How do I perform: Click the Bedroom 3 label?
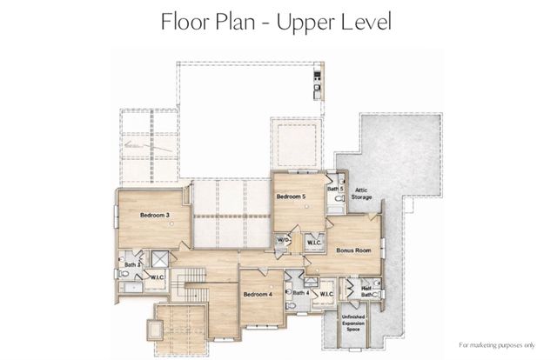154,214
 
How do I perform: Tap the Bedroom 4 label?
258,295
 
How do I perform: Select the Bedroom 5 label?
292,197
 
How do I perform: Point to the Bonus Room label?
352,250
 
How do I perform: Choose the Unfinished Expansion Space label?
353,321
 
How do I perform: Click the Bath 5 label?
335,188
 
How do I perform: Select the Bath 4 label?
300,293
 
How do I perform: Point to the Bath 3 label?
132,264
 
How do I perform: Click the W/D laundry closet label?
283,240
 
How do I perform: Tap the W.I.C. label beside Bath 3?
158,277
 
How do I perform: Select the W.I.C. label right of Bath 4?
326,294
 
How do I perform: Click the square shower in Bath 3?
159,258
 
